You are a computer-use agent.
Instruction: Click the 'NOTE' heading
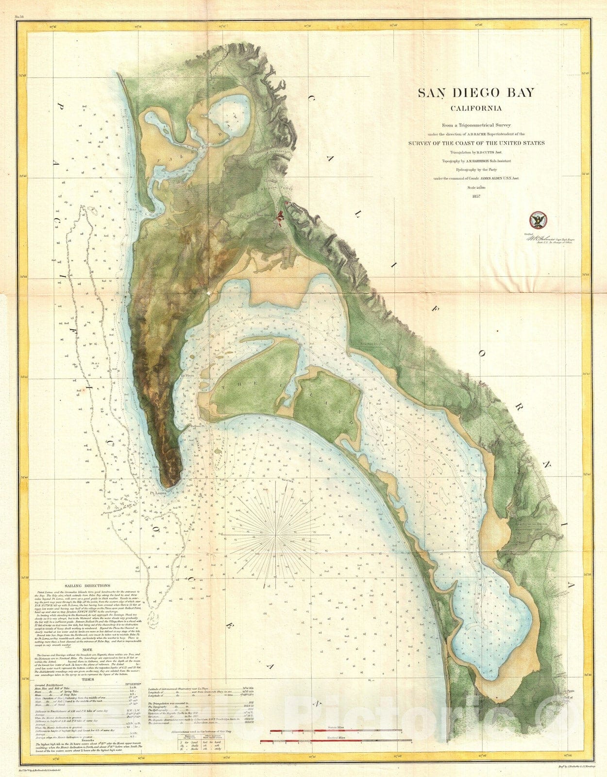pos(87,650)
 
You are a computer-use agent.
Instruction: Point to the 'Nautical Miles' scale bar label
pos(336,738)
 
